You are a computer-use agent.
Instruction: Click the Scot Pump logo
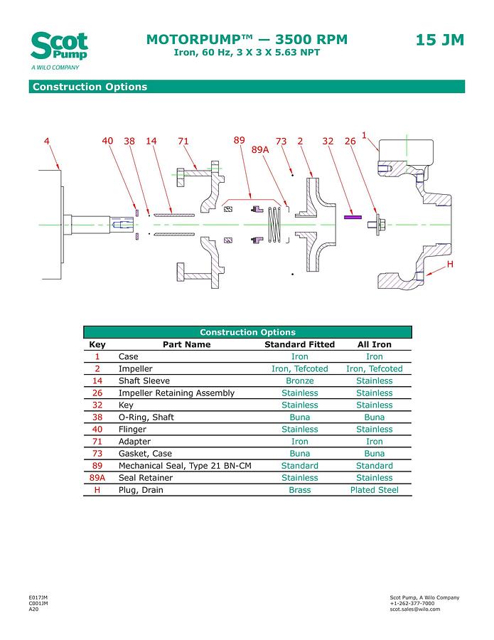pyautogui.click(x=59, y=48)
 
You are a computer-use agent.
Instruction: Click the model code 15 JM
pyautogui.click(x=439, y=40)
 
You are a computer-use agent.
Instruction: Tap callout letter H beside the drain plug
pyautogui.click(x=450, y=265)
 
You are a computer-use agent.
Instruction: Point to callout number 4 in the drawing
pyautogui.click(x=47, y=141)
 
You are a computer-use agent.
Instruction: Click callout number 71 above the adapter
pyautogui.click(x=183, y=141)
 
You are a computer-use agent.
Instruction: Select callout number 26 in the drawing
pyautogui.click(x=350, y=141)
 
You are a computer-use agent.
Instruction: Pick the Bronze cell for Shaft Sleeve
pyautogui.click(x=299, y=381)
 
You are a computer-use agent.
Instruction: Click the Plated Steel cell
pyautogui.click(x=374, y=490)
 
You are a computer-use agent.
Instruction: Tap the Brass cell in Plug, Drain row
pyautogui.click(x=299, y=490)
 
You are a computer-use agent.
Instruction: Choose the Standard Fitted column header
pyautogui.click(x=299, y=345)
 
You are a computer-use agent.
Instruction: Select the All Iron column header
pyautogui.click(x=374, y=345)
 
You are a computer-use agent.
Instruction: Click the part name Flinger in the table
pyautogui.click(x=132, y=430)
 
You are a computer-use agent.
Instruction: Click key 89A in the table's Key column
pyautogui.click(x=97, y=478)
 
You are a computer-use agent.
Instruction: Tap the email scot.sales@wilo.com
pyautogui.click(x=415, y=609)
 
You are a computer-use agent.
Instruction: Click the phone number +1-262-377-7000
pyautogui.click(x=412, y=603)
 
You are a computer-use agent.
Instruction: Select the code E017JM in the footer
pyautogui.click(x=38, y=597)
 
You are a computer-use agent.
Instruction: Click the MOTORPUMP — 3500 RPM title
pyautogui.click(x=247, y=40)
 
